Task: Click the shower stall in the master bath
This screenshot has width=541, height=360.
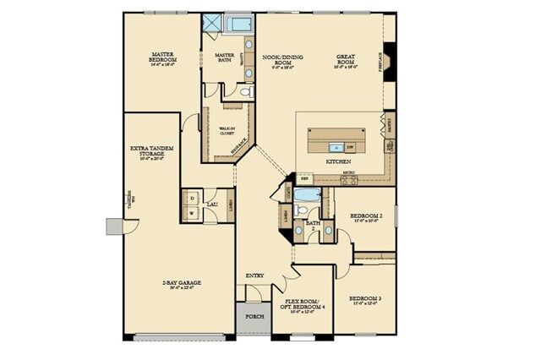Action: point(211,23)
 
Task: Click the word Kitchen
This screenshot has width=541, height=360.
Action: point(338,159)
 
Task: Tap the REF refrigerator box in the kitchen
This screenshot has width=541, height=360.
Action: point(303,178)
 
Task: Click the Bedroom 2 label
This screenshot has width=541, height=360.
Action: point(369,216)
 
